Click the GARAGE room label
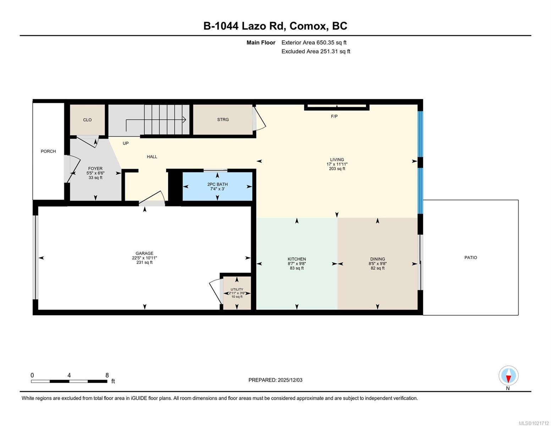(x=144, y=253)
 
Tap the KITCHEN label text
(x=297, y=259)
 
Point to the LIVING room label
(x=337, y=160)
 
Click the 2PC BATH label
(x=217, y=184)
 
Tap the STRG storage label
(x=223, y=120)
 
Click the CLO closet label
(x=87, y=120)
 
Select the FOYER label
(x=95, y=169)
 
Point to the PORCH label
(x=48, y=151)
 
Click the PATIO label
(x=471, y=257)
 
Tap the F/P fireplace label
(x=334, y=116)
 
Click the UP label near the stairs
(x=126, y=143)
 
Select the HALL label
(x=152, y=157)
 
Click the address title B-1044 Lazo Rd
(x=275, y=26)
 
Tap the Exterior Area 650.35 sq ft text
(x=314, y=43)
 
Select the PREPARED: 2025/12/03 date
(x=275, y=380)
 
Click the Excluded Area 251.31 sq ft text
(x=316, y=51)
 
